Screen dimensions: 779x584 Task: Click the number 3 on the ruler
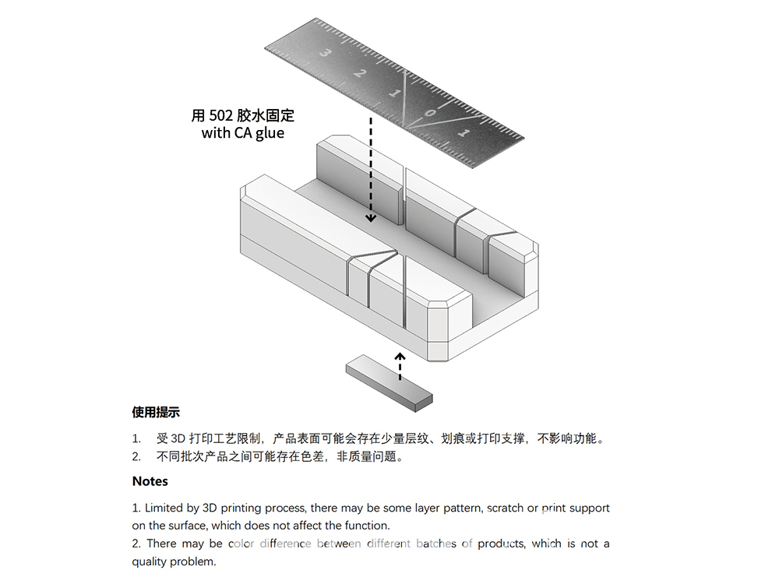[326, 52]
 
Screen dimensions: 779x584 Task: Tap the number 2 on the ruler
[359, 72]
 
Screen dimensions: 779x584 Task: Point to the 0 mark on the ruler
[430, 113]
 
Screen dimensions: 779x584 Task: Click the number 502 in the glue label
[220, 116]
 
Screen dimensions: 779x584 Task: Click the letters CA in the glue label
[243, 132]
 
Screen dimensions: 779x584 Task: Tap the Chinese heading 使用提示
[156, 412]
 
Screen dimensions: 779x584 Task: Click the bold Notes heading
[150, 481]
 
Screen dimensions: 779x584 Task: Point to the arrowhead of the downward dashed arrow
[371, 217]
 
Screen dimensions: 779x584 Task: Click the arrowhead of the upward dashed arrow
[400, 356]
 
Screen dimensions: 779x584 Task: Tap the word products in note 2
[501, 544]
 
